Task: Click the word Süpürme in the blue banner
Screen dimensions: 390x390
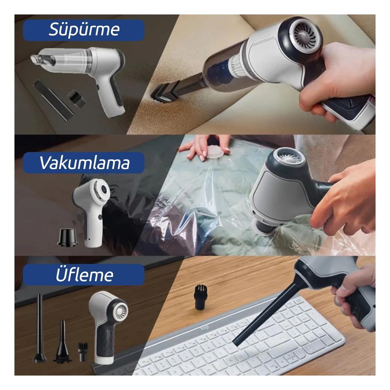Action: [x=84, y=30]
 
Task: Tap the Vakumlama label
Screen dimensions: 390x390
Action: [x=84, y=163]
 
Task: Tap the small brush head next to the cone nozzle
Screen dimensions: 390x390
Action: [x=83, y=352]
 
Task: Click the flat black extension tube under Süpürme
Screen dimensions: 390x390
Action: [x=54, y=100]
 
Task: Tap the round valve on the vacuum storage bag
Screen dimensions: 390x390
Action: [x=214, y=152]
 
